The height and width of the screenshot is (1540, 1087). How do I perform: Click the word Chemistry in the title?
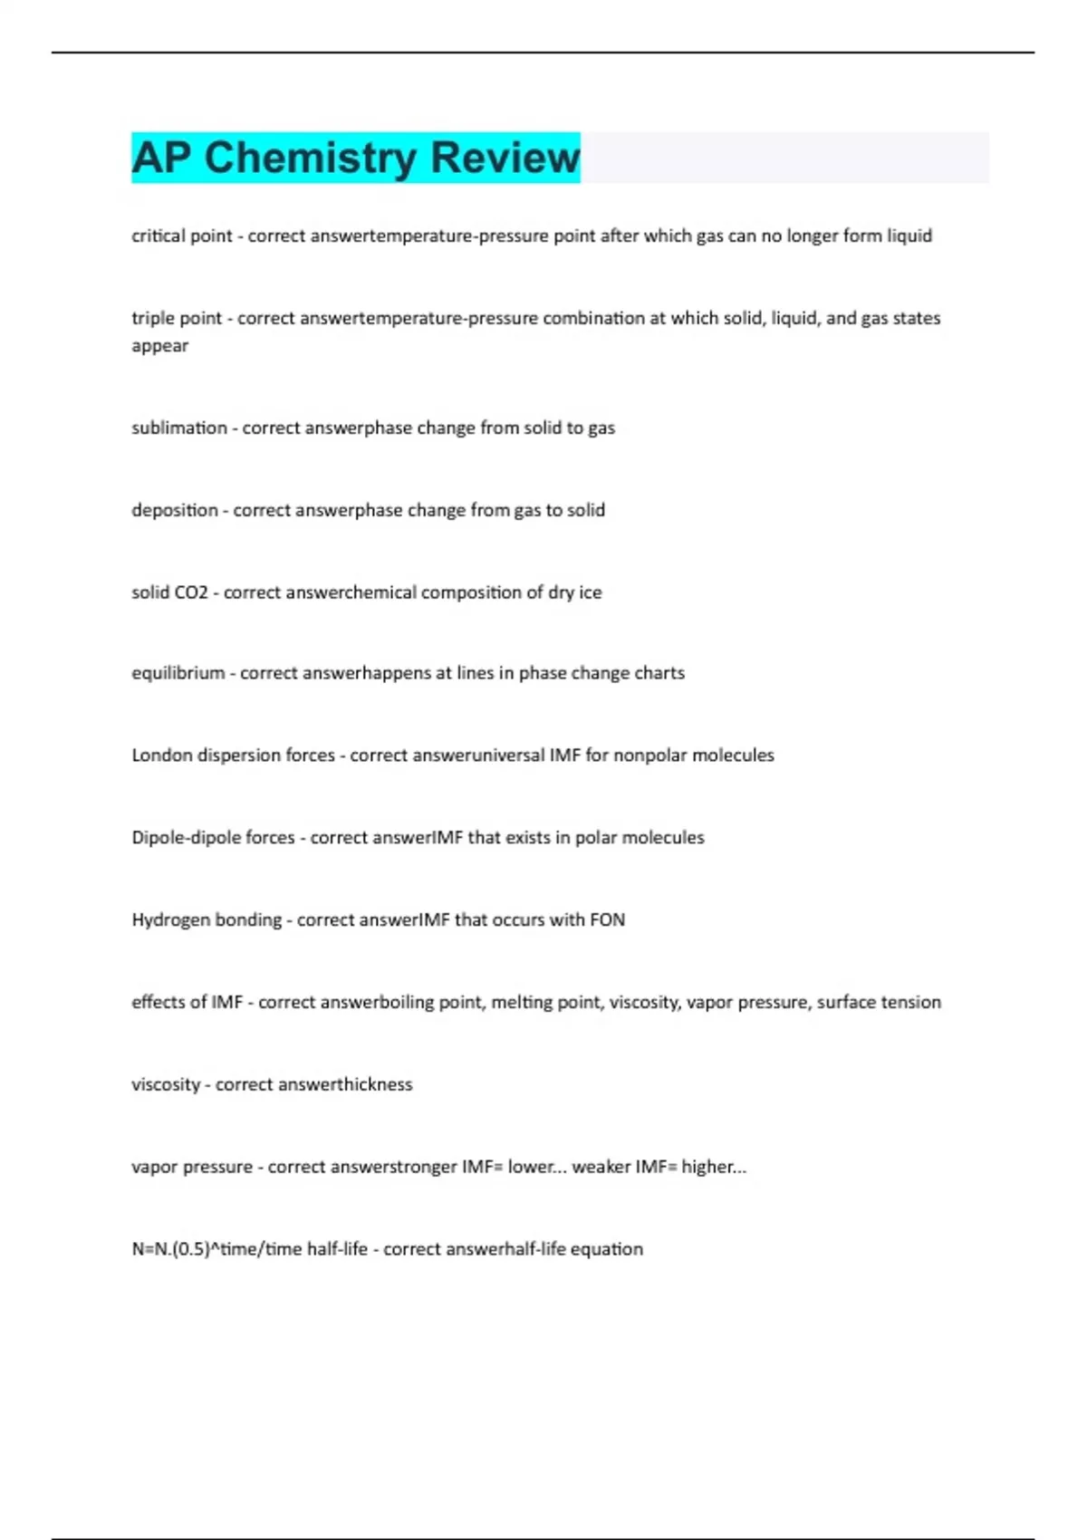(310, 158)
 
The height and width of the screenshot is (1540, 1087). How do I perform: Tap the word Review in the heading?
(505, 158)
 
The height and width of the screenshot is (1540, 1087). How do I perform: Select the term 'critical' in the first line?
(156, 236)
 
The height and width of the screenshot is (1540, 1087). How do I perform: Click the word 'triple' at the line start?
(150, 318)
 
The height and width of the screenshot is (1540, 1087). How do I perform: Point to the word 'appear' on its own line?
(159, 346)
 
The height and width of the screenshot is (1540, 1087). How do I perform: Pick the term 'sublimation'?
(179, 428)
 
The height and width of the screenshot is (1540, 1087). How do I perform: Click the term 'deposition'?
(175, 510)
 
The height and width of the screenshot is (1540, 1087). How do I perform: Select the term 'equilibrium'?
(178, 673)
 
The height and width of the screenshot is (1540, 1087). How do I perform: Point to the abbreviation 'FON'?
(607, 919)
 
